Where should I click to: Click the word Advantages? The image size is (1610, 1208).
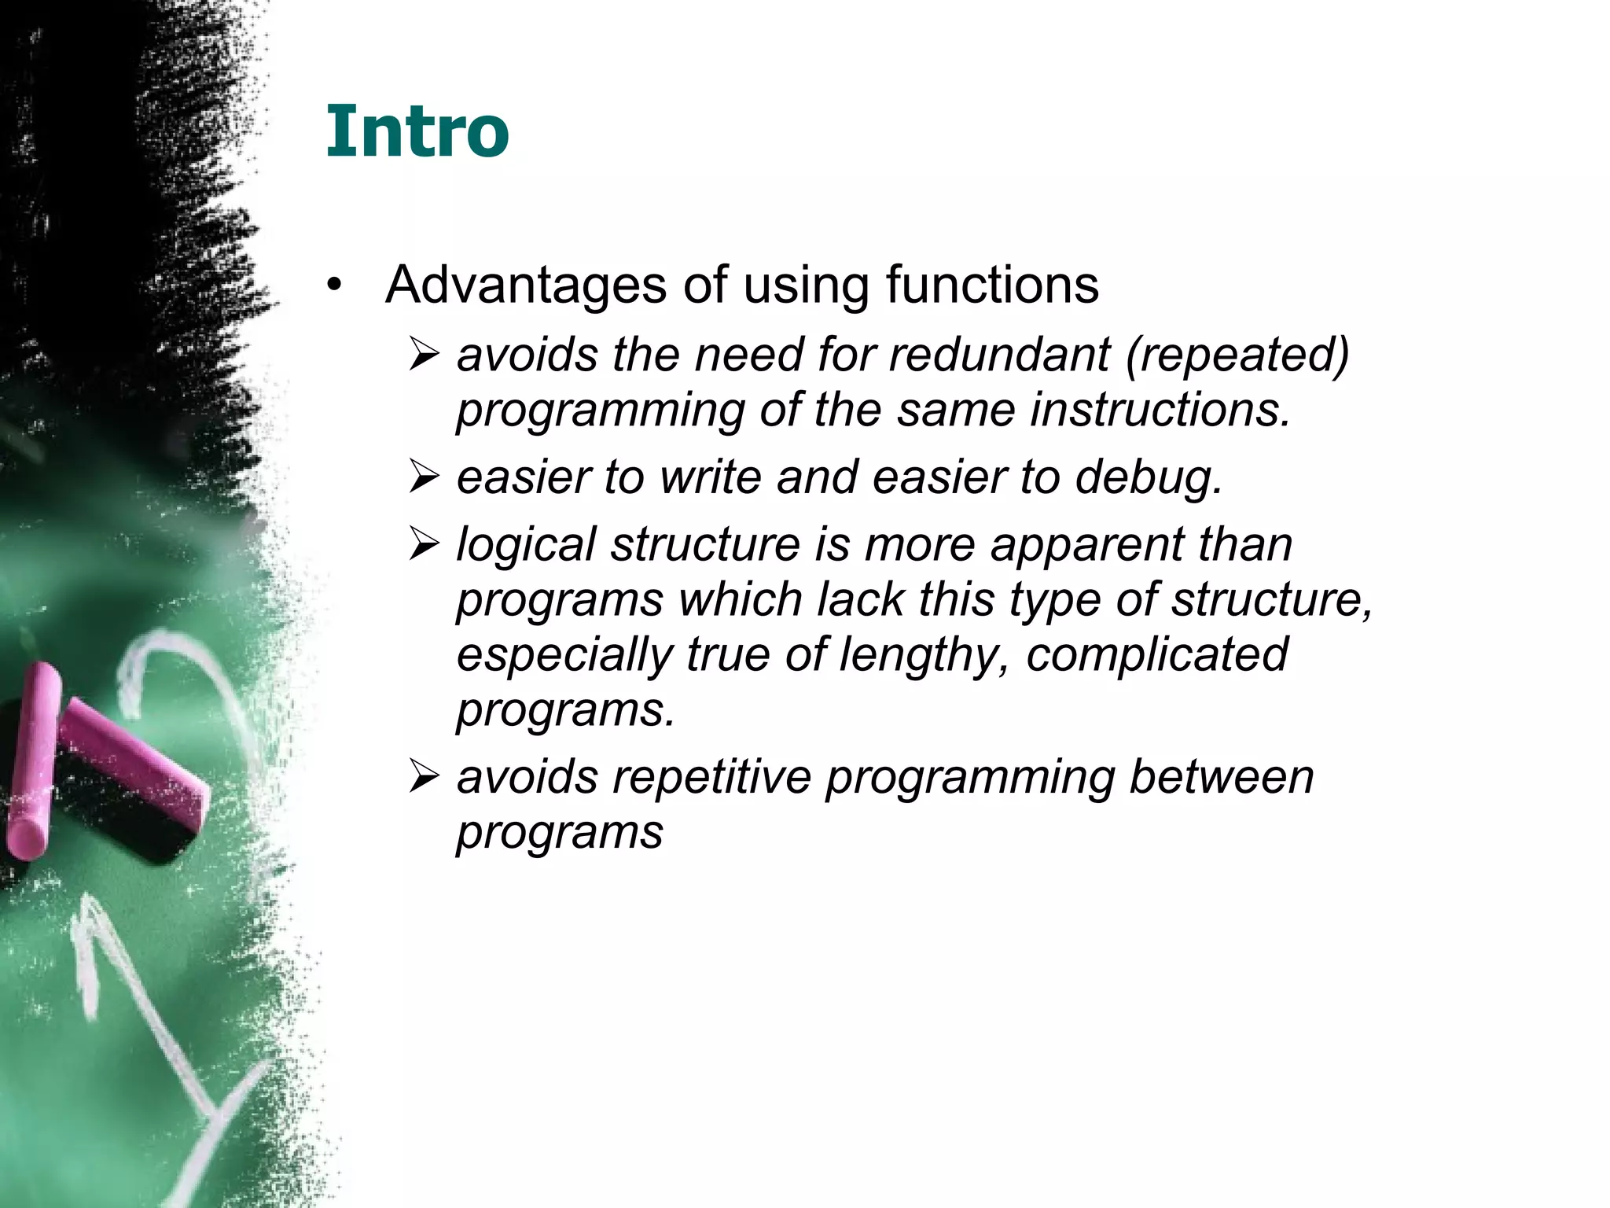[526, 285]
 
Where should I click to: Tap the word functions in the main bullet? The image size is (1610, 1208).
[992, 285]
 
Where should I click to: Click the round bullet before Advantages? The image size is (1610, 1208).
[335, 288]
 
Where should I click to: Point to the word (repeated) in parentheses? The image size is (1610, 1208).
[1237, 356]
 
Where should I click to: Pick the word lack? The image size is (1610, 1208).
[861, 599]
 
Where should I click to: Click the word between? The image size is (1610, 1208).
[1221, 778]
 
